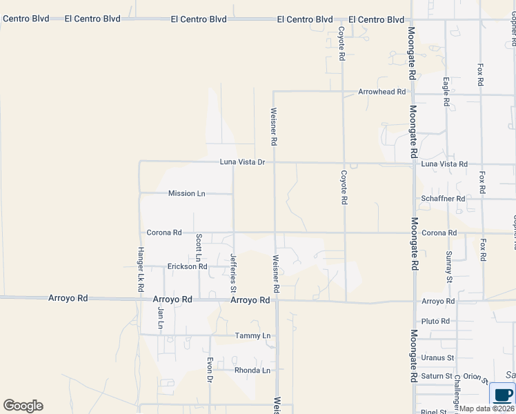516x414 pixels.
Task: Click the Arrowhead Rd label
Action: point(381,92)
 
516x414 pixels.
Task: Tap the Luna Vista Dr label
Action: point(242,162)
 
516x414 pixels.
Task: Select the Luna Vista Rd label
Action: point(444,164)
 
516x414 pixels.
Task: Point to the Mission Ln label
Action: point(186,194)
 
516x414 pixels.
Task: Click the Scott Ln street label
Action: point(199,245)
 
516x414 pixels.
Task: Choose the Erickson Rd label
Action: point(187,266)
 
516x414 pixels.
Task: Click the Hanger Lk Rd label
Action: point(140,268)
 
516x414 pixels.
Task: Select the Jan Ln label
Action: point(160,317)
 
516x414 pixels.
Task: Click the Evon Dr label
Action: point(210,369)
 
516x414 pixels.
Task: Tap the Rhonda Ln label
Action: point(251,371)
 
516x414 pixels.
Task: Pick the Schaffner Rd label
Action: point(444,199)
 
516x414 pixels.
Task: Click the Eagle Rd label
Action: point(446,92)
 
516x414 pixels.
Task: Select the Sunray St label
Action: point(448,268)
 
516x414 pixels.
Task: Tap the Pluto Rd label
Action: point(435,322)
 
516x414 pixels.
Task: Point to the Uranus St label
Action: point(437,358)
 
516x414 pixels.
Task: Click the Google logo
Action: point(23,406)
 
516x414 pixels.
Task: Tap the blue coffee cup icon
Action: point(503,395)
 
